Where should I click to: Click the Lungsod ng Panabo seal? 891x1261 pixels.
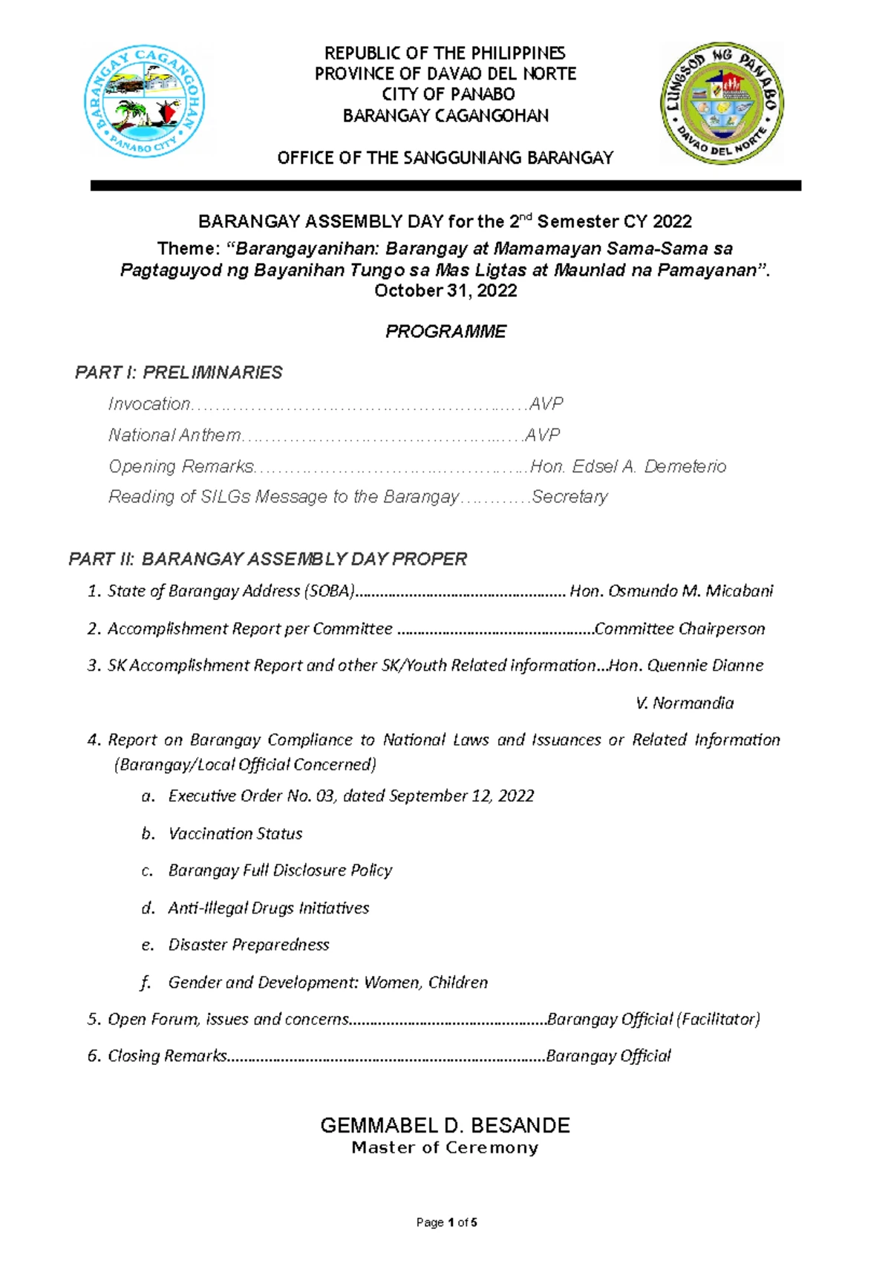[722, 103]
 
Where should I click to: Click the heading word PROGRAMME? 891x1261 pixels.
[446, 331]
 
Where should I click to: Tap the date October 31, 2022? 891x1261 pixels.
[446, 291]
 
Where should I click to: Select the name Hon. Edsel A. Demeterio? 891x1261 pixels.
[628, 466]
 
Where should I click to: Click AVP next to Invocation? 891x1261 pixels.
[546, 404]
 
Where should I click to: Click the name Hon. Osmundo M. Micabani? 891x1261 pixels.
[671, 591]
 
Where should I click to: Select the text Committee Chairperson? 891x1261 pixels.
[679, 629]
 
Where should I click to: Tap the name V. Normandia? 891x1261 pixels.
[685, 703]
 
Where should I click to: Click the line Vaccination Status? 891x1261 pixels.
[235, 834]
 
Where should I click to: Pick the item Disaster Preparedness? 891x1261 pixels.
[249, 945]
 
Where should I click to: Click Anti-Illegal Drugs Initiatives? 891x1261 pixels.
[269, 908]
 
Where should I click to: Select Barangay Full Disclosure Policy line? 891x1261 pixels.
[280, 870]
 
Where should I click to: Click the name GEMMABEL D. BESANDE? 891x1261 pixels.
[445, 1125]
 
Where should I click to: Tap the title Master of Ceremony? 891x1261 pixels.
[445, 1148]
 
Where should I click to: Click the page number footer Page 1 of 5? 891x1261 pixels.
[446, 1222]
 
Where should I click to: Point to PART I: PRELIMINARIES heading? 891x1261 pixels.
[178, 373]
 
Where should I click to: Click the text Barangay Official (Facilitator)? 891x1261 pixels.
[653, 1020]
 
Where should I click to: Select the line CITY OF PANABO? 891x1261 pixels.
[448, 94]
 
